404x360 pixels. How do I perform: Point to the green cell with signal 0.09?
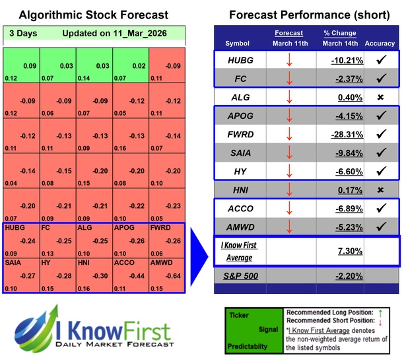coord(30,66)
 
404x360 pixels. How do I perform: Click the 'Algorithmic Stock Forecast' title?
coord(94,15)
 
